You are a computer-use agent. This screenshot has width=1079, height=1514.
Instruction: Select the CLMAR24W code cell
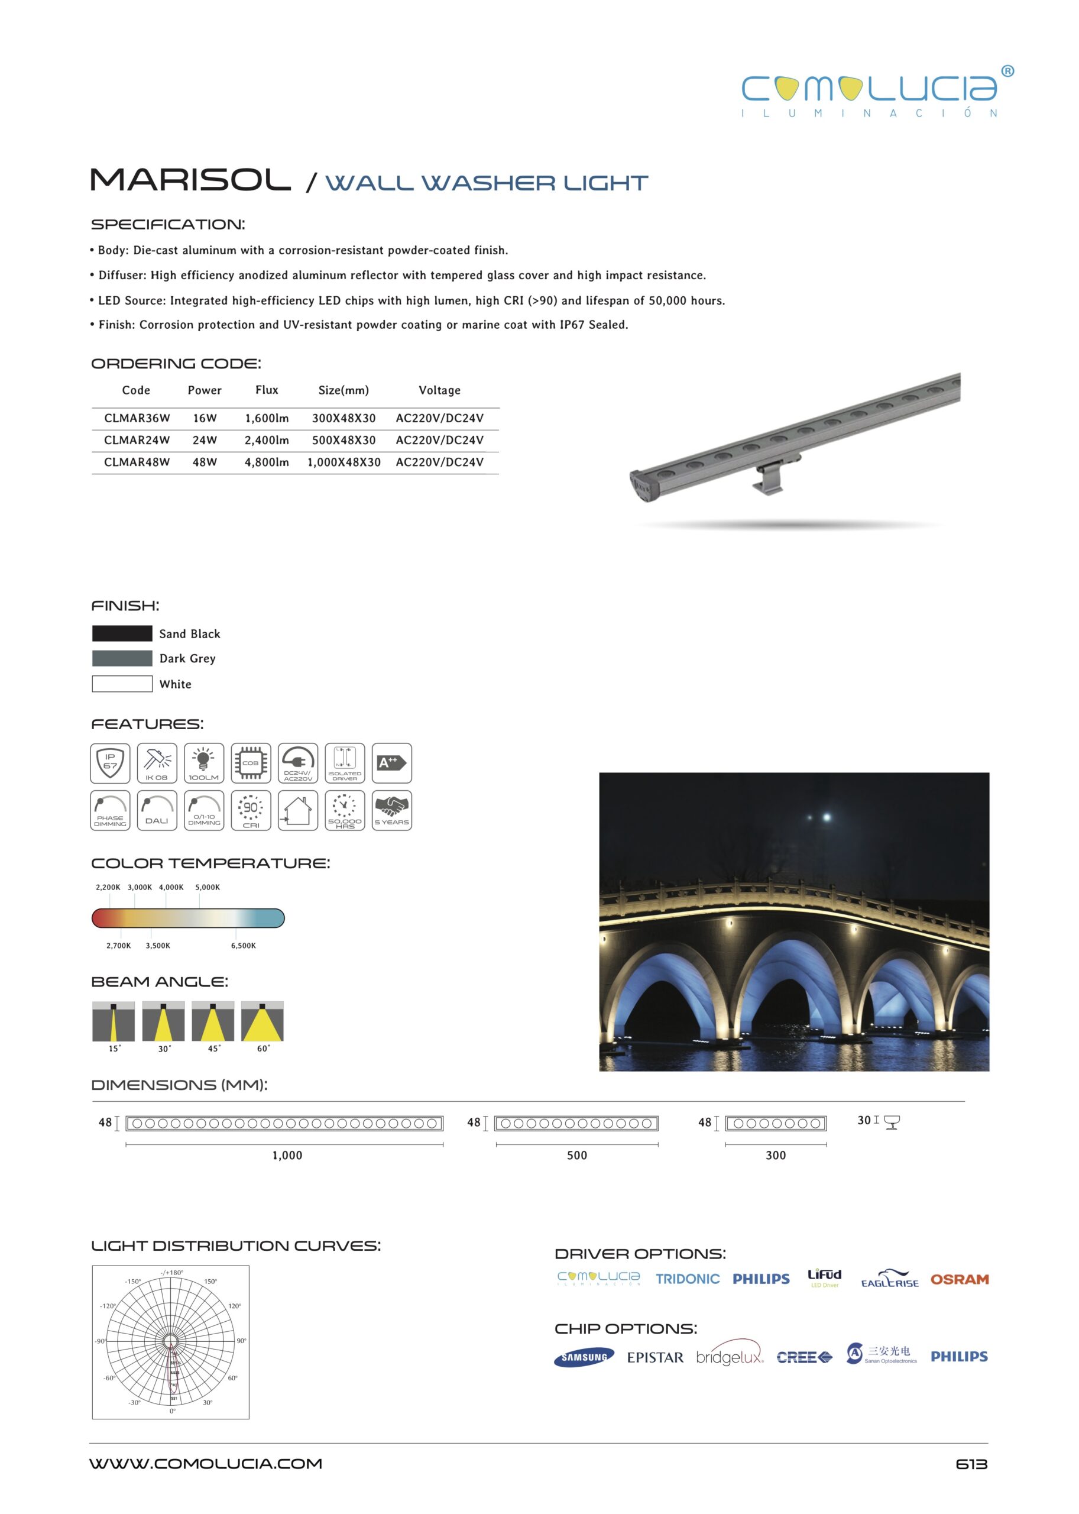pyautogui.click(x=137, y=440)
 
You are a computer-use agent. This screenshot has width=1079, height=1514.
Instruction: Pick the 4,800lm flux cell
pyautogui.click(x=267, y=462)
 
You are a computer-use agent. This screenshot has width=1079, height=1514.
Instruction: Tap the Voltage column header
pyautogui.click(x=439, y=390)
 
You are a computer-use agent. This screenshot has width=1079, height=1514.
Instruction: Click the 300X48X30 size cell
pyautogui.click(x=344, y=418)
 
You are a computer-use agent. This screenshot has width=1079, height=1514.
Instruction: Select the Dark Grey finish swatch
pyautogui.click(x=122, y=658)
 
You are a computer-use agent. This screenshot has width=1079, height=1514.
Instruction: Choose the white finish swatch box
pyautogui.click(x=122, y=684)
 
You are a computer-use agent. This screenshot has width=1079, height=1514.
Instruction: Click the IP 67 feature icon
pyautogui.click(x=111, y=763)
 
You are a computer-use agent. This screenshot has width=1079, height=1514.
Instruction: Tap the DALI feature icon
pyautogui.click(x=157, y=810)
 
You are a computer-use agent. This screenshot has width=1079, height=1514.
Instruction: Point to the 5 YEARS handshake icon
pyautogui.click(x=391, y=810)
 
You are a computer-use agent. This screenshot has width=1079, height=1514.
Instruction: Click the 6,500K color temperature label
pyautogui.click(x=243, y=945)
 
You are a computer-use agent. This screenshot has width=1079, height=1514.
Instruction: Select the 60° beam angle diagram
pyautogui.click(x=262, y=1021)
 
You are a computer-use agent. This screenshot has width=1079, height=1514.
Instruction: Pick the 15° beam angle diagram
pyautogui.click(x=114, y=1021)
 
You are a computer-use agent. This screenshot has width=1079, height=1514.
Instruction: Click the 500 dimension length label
pyautogui.click(x=576, y=1155)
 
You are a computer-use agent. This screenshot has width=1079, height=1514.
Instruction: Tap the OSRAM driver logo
pyautogui.click(x=959, y=1279)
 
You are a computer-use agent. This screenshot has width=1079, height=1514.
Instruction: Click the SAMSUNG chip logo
pyautogui.click(x=584, y=1357)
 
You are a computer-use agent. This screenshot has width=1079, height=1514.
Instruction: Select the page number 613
pyautogui.click(x=971, y=1464)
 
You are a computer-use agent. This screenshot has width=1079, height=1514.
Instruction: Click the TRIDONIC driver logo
pyautogui.click(x=687, y=1279)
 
